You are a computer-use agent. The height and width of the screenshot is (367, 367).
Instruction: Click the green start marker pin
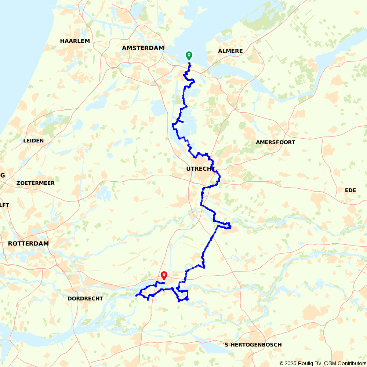point(189,55)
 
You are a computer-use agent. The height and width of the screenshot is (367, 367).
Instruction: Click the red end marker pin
point(164,275)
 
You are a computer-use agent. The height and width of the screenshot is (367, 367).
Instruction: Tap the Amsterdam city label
point(143,48)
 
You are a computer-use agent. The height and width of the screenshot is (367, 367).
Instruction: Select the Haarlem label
point(75,41)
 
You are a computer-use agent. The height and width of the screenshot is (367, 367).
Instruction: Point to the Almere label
point(230,51)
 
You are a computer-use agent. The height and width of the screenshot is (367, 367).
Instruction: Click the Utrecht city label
point(200,169)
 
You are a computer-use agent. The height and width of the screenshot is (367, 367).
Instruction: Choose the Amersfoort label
point(276,142)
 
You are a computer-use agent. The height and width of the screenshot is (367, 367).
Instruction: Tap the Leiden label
point(33,141)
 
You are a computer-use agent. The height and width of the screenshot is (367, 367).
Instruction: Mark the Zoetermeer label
point(36,183)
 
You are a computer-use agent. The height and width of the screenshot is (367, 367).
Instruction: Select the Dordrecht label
point(85,299)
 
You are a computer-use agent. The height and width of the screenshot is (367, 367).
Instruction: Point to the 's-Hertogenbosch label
point(252,345)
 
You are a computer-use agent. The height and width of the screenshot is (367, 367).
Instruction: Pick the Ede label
point(350,190)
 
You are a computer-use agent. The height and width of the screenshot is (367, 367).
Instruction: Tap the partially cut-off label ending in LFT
point(4,205)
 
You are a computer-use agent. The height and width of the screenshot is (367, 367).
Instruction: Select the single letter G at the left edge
point(2,175)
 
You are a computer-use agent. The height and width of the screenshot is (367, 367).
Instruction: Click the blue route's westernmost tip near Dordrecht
point(136,295)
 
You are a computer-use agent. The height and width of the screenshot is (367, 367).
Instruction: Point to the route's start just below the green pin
point(189,64)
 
